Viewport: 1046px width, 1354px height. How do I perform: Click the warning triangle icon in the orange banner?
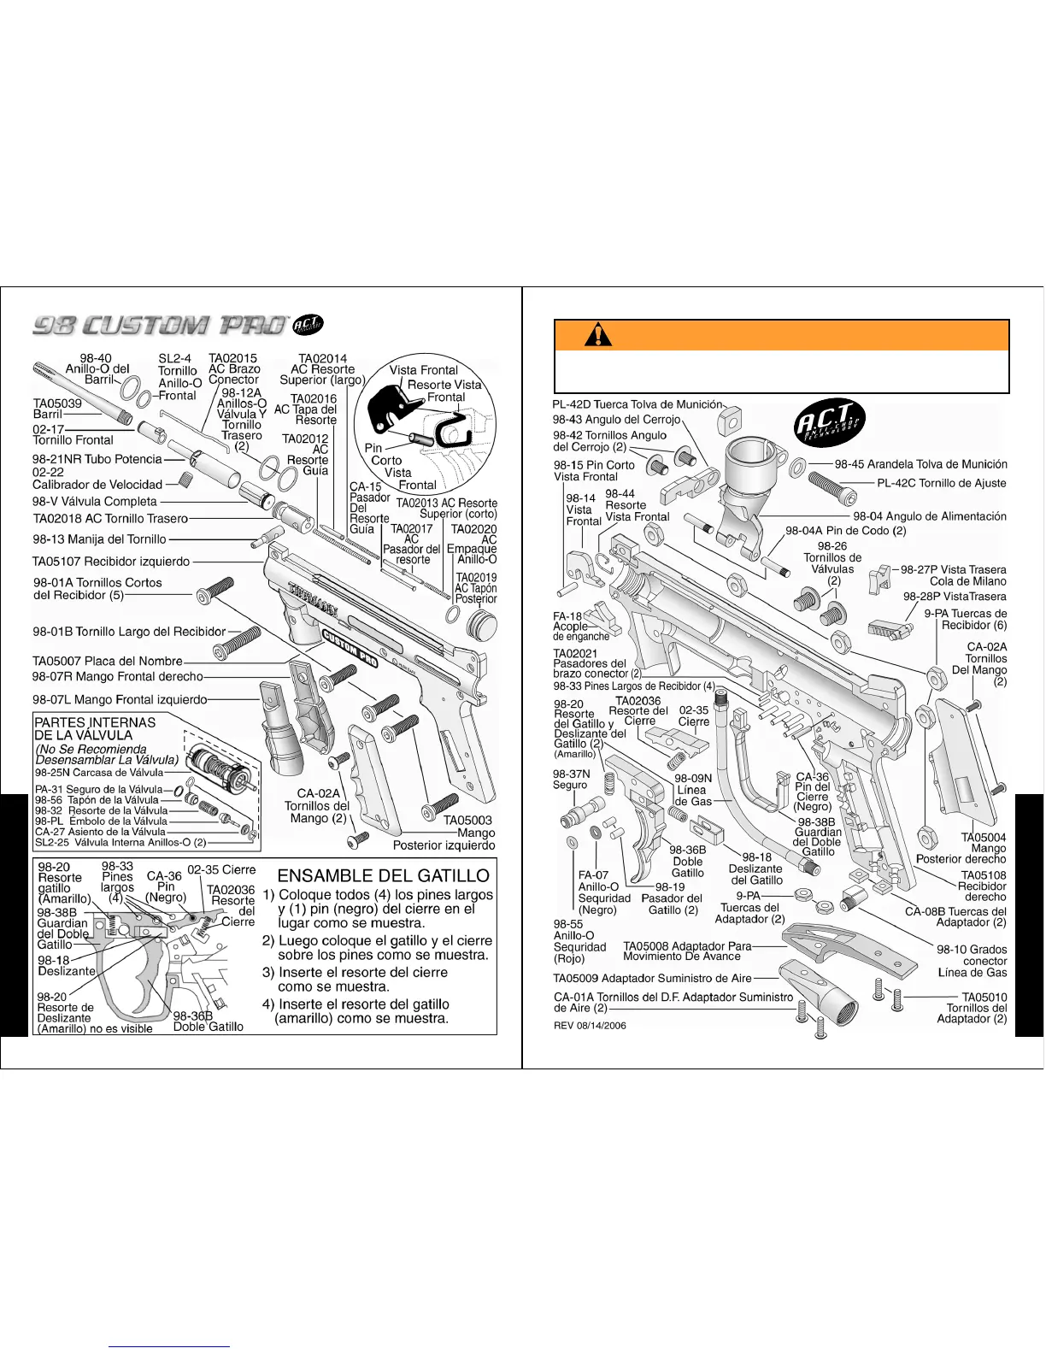click(x=598, y=334)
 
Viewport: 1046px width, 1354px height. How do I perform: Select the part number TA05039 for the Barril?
click(x=57, y=403)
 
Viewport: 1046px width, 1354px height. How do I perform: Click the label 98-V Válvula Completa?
click(x=95, y=502)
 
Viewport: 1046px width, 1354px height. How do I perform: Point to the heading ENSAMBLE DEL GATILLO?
click(x=384, y=875)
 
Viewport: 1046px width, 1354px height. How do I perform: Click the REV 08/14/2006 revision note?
click(x=590, y=1026)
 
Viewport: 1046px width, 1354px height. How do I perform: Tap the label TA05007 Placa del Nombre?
click(x=108, y=661)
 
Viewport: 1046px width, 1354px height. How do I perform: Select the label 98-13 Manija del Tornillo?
click(x=99, y=539)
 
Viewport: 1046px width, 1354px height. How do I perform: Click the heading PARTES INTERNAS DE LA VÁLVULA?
click(x=95, y=728)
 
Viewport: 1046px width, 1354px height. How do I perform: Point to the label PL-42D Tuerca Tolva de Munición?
click(x=637, y=404)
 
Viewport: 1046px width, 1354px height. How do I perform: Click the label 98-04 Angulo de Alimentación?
click(x=930, y=516)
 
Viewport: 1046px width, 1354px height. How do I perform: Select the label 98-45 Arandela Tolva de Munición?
click(x=920, y=464)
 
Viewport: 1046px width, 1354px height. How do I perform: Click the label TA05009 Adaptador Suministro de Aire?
click(x=652, y=978)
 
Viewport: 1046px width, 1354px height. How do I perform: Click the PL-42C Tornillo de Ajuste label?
click(x=942, y=483)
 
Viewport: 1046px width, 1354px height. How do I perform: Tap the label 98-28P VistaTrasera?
click(x=954, y=596)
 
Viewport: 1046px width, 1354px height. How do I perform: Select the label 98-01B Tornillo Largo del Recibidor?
click(x=129, y=632)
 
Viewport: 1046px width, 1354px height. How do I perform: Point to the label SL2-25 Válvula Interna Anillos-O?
click(x=120, y=842)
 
